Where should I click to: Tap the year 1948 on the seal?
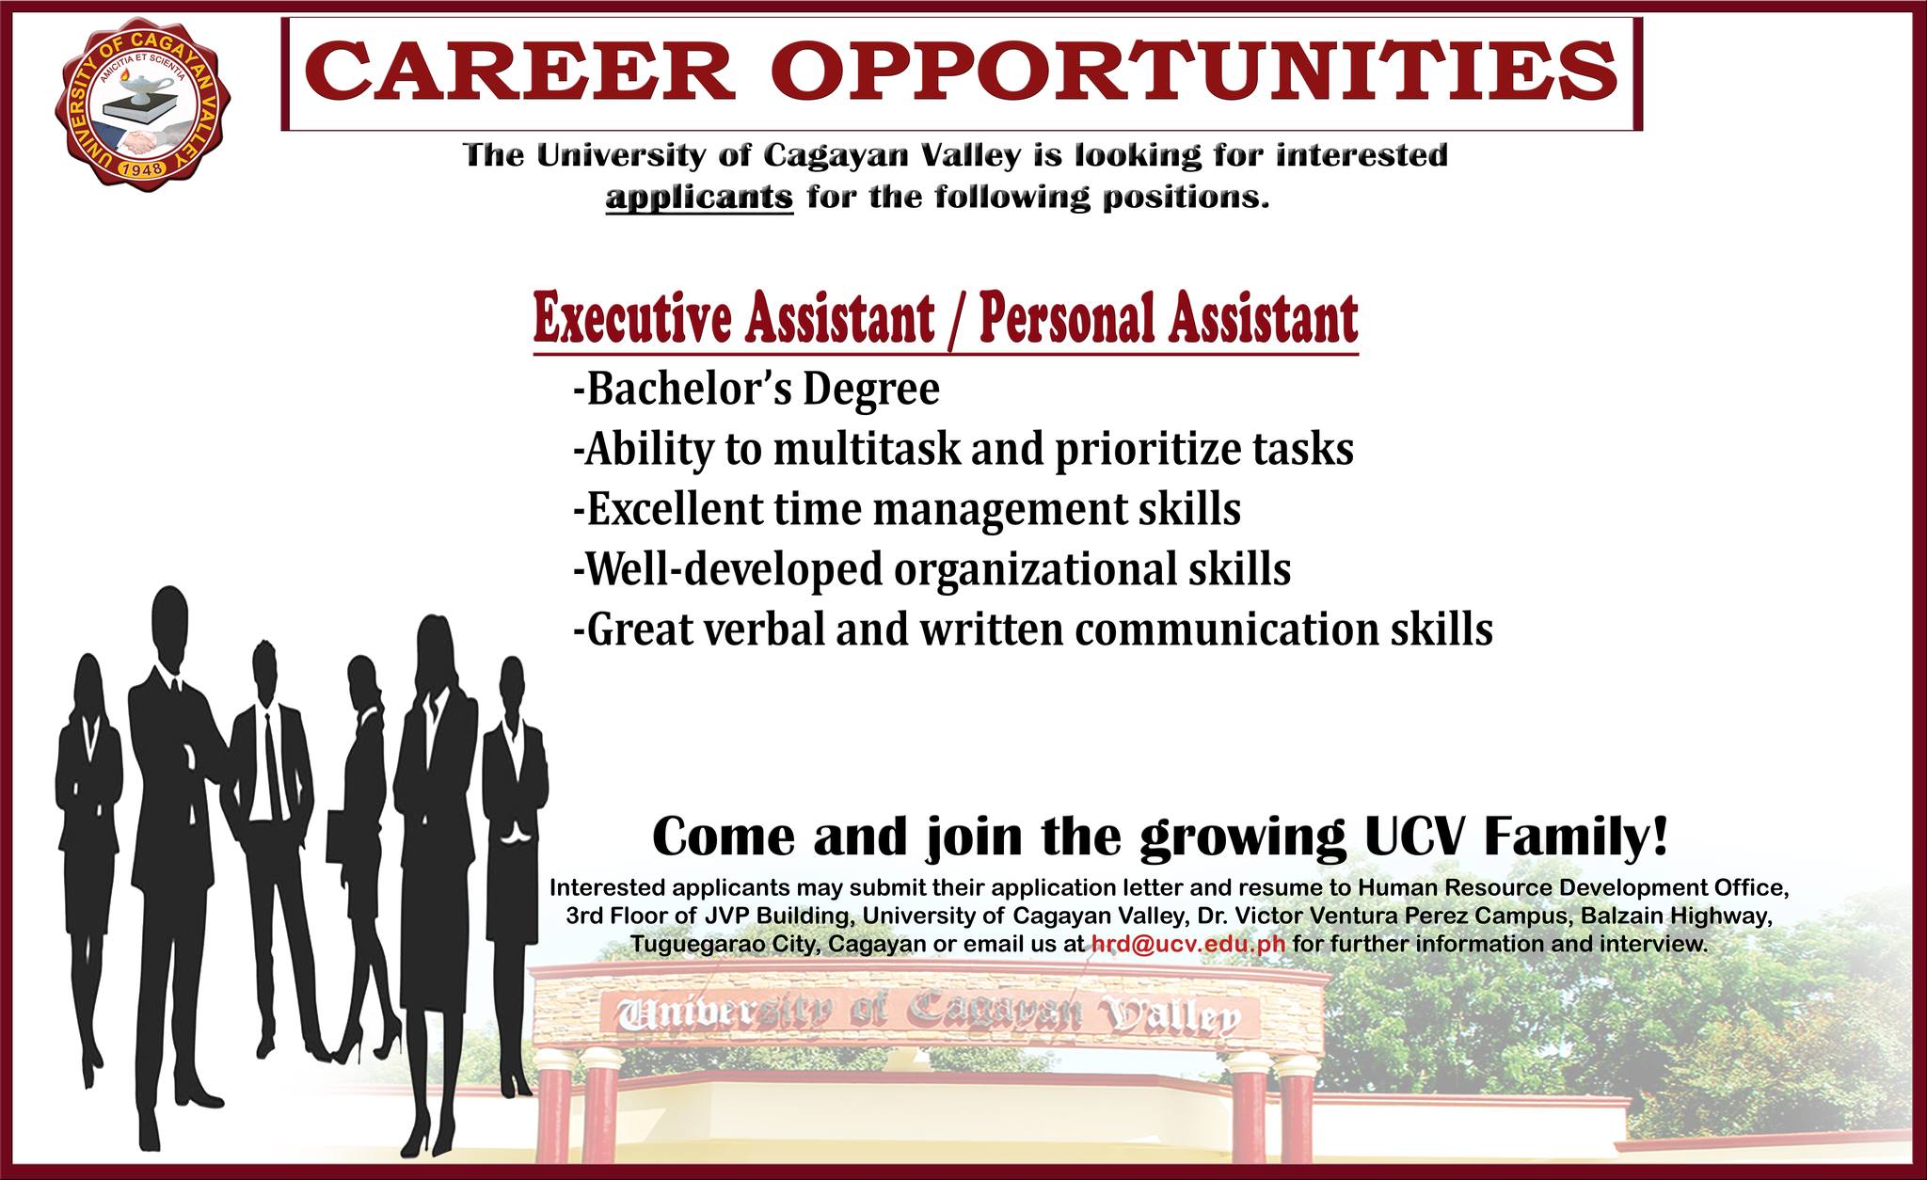144,168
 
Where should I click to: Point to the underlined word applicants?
699,199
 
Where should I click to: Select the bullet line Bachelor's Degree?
756,389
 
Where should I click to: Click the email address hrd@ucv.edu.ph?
1188,944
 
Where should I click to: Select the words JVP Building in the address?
772,916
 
